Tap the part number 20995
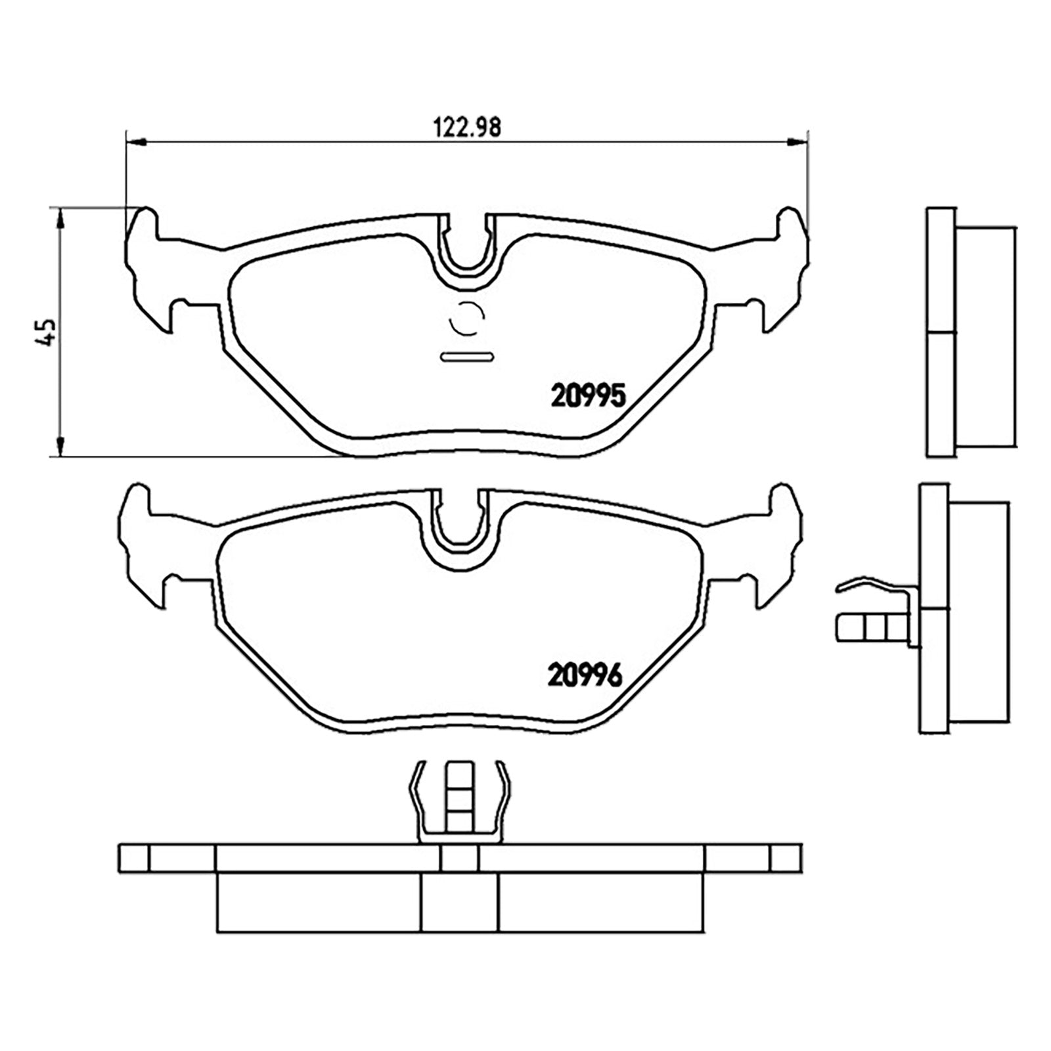click(x=589, y=395)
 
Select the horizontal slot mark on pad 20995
click(x=467, y=357)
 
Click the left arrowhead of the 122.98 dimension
click(x=134, y=141)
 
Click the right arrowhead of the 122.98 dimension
click(x=798, y=141)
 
